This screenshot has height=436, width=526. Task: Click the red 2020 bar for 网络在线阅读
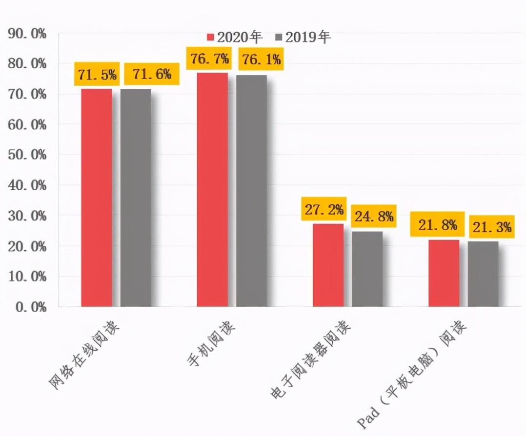(97, 198)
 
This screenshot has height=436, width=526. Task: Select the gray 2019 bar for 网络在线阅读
(136, 198)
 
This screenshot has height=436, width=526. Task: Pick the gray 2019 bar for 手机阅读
(251, 190)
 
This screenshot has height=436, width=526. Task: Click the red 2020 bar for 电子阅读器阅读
(328, 265)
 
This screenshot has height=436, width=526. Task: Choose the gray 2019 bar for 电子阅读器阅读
(367, 269)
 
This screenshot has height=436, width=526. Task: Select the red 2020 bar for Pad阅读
(444, 273)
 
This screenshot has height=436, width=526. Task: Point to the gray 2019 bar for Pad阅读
(483, 274)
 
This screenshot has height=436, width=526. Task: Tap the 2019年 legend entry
(303, 37)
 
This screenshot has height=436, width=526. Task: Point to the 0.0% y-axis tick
(30, 307)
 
